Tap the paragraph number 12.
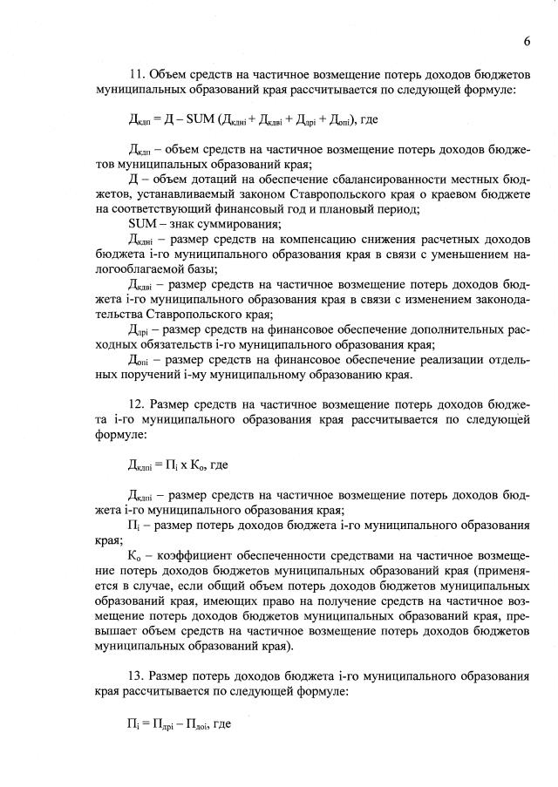pos(135,404)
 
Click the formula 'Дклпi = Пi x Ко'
pos(172,465)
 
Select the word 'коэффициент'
pos(204,554)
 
